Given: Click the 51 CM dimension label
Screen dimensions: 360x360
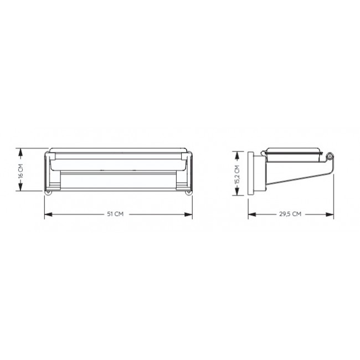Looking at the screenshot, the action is [x=115, y=214].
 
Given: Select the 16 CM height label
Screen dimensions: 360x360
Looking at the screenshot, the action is [x=20, y=171].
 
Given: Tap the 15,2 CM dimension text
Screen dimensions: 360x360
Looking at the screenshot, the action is [x=237, y=174].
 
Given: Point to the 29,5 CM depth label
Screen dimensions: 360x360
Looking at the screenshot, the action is [x=290, y=214].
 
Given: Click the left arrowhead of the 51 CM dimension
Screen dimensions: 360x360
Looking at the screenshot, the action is [x=48, y=214].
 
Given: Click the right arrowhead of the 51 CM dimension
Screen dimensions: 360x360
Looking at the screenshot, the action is [x=188, y=214].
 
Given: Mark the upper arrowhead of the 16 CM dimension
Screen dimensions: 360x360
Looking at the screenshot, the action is [x=20, y=152].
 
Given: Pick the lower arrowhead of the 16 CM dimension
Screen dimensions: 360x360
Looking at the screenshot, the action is [x=20, y=187].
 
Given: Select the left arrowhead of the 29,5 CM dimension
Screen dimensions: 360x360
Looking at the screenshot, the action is [x=252, y=214].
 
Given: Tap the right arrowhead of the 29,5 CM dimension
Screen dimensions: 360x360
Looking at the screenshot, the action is [x=330, y=214].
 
